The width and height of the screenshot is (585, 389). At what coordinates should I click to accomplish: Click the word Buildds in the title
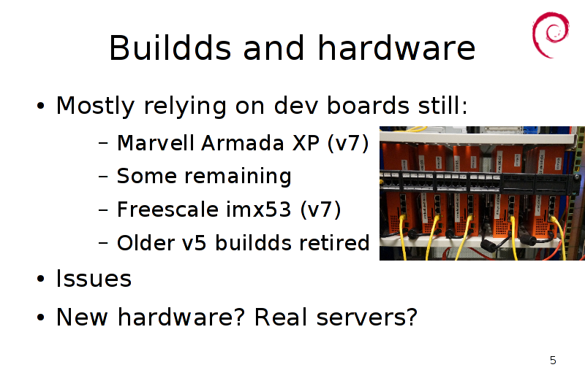(x=170, y=47)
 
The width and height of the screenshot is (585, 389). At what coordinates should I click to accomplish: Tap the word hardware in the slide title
(x=396, y=47)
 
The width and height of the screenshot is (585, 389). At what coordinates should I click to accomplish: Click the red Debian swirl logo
(x=551, y=35)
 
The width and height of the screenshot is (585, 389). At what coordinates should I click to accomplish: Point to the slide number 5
(x=553, y=361)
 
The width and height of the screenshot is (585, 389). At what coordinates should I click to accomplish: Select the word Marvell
(x=155, y=142)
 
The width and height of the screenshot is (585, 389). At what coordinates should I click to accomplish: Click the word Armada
(x=243, y=142)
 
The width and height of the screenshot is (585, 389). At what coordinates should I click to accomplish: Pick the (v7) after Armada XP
(x=348, y=143)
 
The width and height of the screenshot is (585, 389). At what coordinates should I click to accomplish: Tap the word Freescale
(x=167, y=209)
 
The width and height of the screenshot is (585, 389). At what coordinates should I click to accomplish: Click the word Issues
(x=94, y=279)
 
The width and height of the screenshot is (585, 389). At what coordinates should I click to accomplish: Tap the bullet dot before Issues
(x=41, y=279)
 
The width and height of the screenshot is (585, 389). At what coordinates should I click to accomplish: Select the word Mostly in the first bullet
(x=95, y=106)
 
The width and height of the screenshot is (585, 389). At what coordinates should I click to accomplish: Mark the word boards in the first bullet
(x=368, y=106)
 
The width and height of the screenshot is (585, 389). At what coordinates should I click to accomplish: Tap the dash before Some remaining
(x=103, y=176)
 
